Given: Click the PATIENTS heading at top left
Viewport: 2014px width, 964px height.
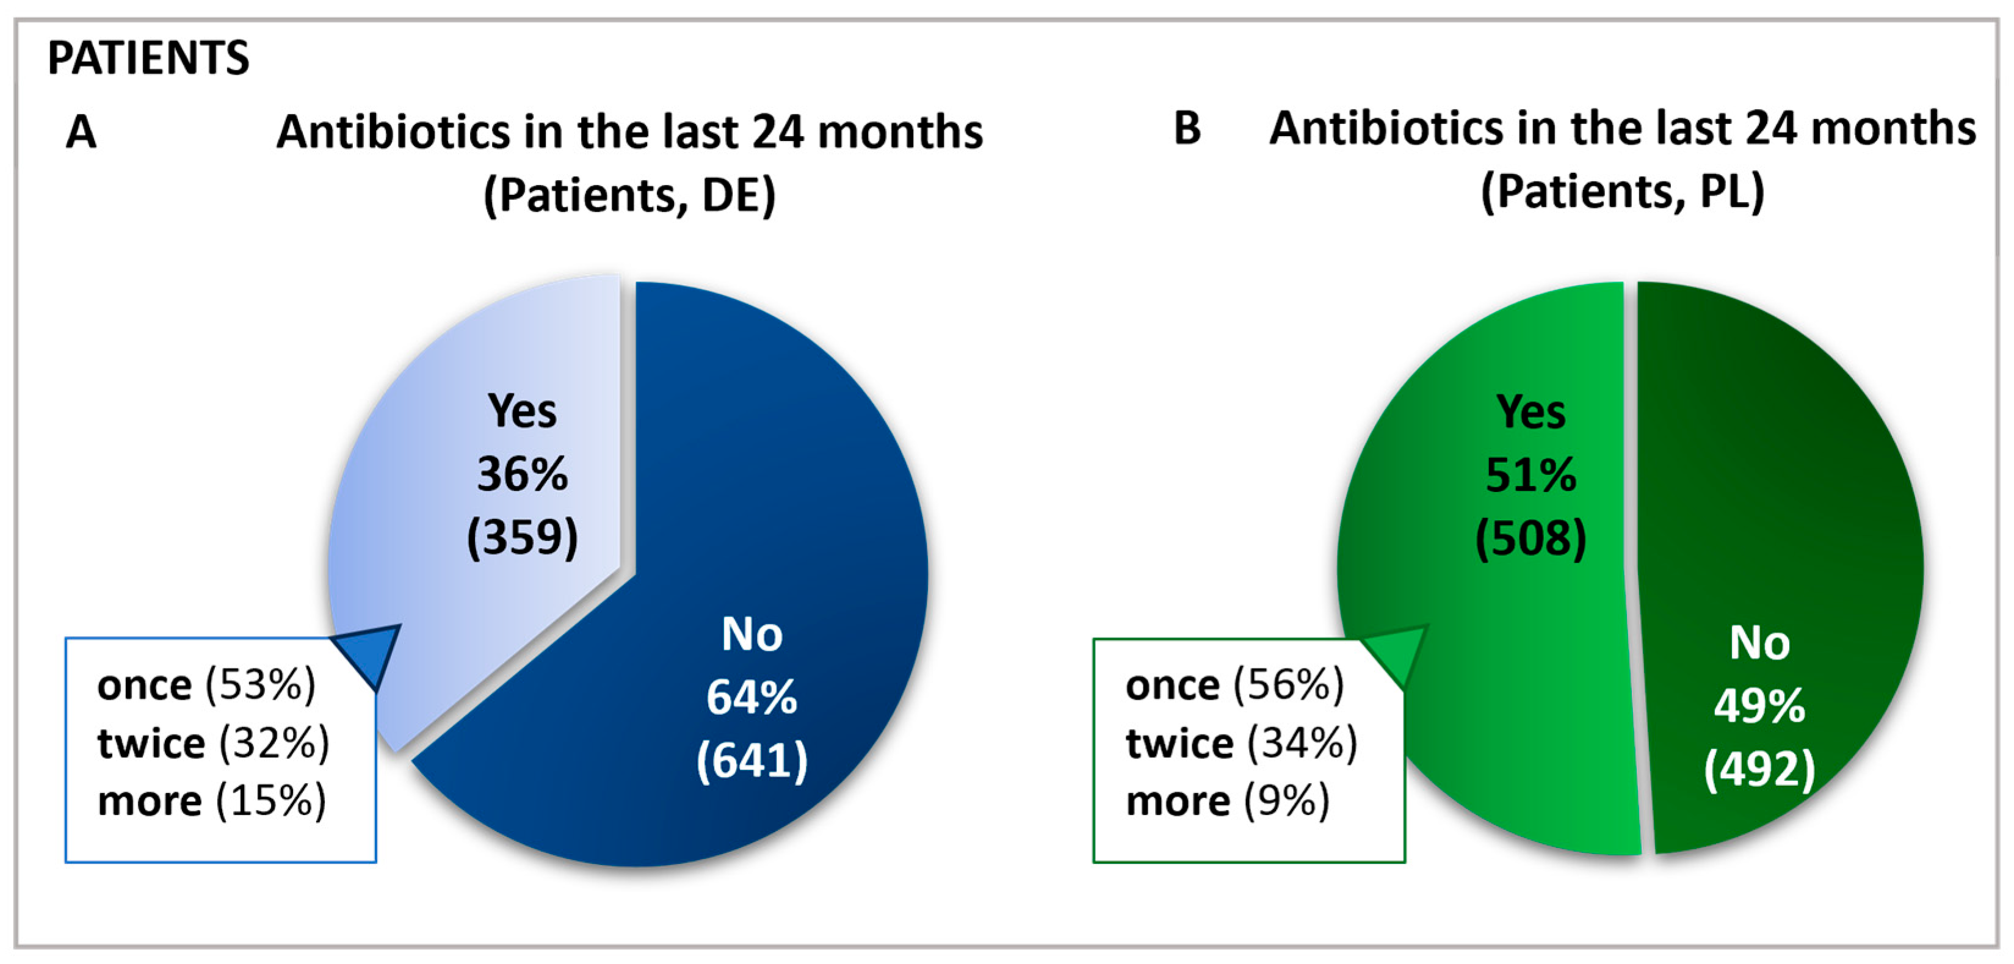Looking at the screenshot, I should tap(148, 58).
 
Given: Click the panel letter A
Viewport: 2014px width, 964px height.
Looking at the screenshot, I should tap(81, 131).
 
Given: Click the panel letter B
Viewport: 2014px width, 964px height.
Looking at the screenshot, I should tap(1187, 128).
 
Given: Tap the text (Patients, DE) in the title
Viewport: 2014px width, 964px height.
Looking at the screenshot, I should tap(629, 195).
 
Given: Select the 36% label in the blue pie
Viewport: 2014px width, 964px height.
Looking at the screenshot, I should tap(522, 474).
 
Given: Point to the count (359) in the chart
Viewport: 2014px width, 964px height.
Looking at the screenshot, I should tap(522, 537).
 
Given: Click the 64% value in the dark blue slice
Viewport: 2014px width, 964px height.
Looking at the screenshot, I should tap(752, 697).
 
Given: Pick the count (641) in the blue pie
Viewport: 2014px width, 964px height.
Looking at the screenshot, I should tap(752, 760).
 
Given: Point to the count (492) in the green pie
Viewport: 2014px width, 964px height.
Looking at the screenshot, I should tap(1759, 769).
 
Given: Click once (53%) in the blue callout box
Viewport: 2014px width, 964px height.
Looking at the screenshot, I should tap(206, 685).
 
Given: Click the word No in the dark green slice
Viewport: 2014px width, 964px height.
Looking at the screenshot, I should tap(1759, 643).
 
